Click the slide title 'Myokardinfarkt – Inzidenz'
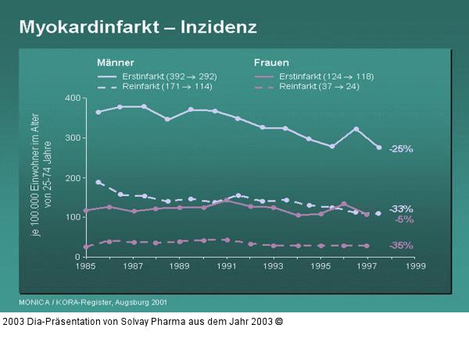138,27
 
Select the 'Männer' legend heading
115,62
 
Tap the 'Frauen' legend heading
271,62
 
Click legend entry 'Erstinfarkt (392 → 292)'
169,76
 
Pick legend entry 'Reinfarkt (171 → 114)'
166,87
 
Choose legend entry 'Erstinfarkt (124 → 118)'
325,76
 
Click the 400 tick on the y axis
73,98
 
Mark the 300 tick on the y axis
73,138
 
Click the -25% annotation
401,148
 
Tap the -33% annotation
401,209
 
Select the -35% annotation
401,245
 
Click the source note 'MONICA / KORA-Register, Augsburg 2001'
92,301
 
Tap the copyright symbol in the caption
279,321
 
